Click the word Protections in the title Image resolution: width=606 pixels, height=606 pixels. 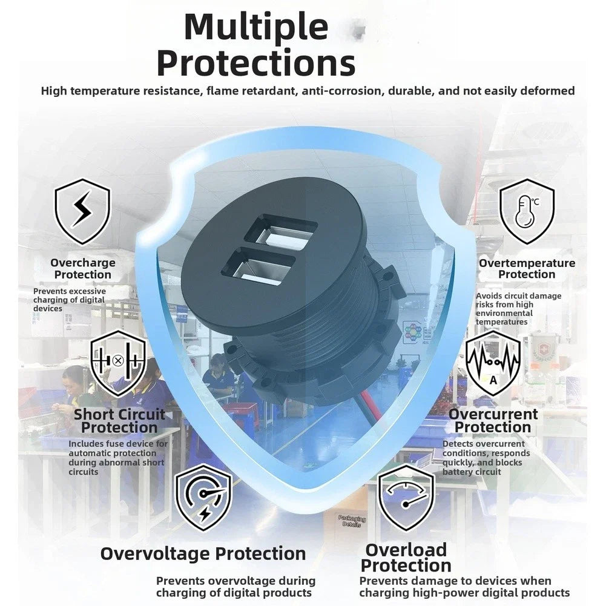tap(256, 64)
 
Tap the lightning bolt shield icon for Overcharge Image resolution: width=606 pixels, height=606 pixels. tap(83, 211)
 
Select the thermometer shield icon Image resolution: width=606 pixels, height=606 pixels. tap(527, 211)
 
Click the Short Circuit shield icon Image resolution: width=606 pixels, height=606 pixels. tap(119, 363)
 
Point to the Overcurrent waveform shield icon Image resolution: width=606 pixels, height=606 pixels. tap(493, 363)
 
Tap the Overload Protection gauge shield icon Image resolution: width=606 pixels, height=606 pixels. tap(406, 498)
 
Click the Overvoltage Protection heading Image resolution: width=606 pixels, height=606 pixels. tap(203, 553)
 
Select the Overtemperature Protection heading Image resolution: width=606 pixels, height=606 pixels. tap(527, 269)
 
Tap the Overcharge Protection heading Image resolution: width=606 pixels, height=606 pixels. tap(83, 269)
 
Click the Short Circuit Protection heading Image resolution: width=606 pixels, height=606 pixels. tap(119, 421)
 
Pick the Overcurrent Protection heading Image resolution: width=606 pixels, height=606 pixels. tap(493, 421)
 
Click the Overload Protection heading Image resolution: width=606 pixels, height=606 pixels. tap(406, 558)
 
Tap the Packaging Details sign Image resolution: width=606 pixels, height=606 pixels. tap(352, 521)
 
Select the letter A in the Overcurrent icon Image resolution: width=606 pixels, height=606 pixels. tap(493, 381)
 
